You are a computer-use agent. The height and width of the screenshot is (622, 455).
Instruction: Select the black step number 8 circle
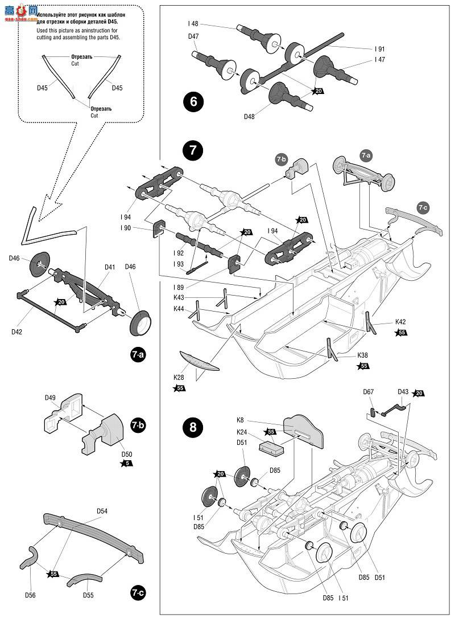[x=193, y=427]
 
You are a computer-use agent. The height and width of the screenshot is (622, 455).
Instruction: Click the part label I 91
[x=380, y=49]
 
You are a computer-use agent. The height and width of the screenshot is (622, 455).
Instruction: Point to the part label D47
[x=194, y=36]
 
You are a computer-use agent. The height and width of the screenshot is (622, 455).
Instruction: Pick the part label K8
[x=240, y=420]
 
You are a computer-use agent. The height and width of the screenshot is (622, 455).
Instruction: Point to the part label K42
[x=401, y=322]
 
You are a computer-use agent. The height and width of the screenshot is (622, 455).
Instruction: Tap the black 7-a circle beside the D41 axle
[x=138, y=354]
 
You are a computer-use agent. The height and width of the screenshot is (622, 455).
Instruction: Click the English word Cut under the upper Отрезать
[x=75, y=63]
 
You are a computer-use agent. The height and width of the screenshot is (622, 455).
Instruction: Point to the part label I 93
[x=179, y=264]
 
